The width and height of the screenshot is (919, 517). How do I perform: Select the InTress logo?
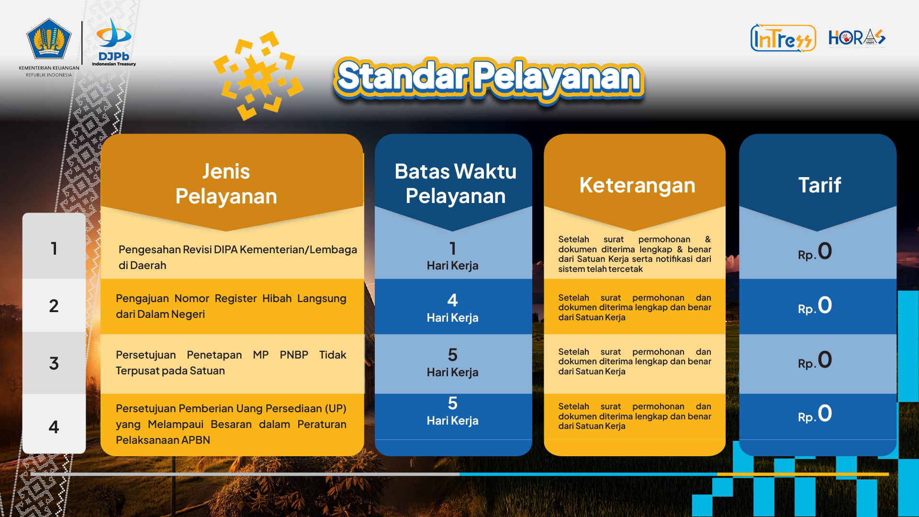click(783, 38)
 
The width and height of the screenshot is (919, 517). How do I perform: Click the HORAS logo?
click(857, 37)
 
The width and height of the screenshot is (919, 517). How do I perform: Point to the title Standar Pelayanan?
click(489, 78)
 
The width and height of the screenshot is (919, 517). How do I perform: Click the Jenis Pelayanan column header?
click(226, 184)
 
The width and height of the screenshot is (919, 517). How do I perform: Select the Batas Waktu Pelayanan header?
click(455, 184)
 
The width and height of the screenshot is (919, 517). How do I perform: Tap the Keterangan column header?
click(637, 185)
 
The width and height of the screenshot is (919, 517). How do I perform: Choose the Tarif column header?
click(819, 185)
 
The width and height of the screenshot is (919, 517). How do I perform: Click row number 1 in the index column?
click(54, 248)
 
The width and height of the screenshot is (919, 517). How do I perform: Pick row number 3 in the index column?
click(54, 363)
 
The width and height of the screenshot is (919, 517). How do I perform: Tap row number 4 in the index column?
click(54, 427)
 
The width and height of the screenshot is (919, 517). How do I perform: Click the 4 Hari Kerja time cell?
click(452, 308)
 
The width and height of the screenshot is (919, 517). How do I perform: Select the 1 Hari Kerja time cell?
click(452, 256)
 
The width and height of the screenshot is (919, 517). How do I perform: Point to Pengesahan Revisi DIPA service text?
click(237, 257)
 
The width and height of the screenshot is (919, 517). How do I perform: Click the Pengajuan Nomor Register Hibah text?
click(231, 306)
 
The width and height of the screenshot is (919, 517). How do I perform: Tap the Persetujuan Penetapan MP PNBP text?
click(231, 362)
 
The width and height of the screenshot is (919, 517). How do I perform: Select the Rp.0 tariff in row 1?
click(815, 251)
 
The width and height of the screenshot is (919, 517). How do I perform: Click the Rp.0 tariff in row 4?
click(815, 414)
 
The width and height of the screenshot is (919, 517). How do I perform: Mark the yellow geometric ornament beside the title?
click(258, 76)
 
